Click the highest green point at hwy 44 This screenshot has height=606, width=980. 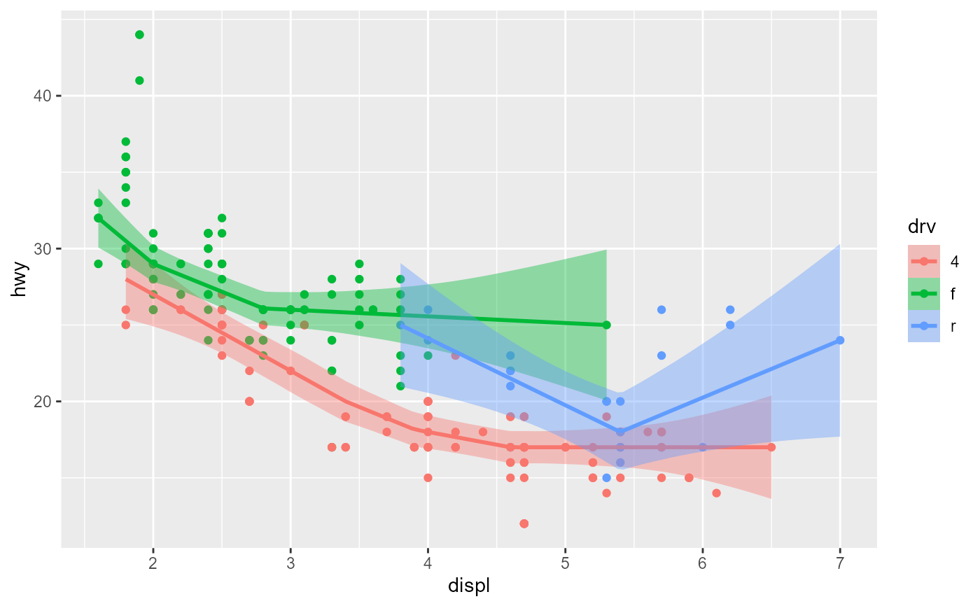(x=139, y=34)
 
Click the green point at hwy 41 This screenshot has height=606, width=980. (x=139, y=80)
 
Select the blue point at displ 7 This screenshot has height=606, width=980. (x=839, y=340)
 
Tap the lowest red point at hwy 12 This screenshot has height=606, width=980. (x=524, y=523)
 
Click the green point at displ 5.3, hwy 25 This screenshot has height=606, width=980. (x=606, y=325)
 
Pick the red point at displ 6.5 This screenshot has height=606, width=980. (x=771, y=447)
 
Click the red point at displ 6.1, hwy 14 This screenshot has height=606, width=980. (x=716, y=493)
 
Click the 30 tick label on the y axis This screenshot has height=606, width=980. (x=42, y=248)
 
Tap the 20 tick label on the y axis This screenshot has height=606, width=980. (x=42, y=401)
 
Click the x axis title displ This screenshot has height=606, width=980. (x=468, y=586)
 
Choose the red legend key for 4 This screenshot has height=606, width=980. (x=923, y=261)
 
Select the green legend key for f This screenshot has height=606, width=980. (x=923, y=294)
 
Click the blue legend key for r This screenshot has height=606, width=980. (x=923, y=326)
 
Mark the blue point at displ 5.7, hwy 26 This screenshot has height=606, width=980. (x=661, y=309)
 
